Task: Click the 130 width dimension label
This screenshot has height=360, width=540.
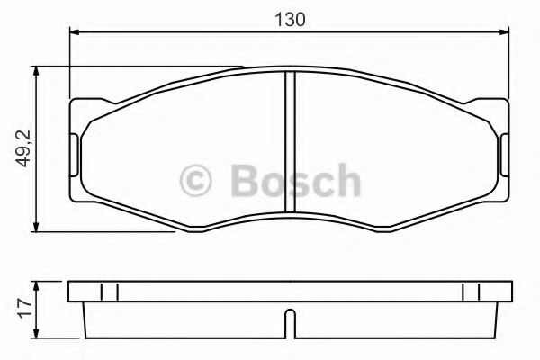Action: coord(286,17)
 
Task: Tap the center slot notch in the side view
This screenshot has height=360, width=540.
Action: coord(287,320)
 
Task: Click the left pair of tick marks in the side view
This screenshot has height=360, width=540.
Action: coord(110,292)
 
